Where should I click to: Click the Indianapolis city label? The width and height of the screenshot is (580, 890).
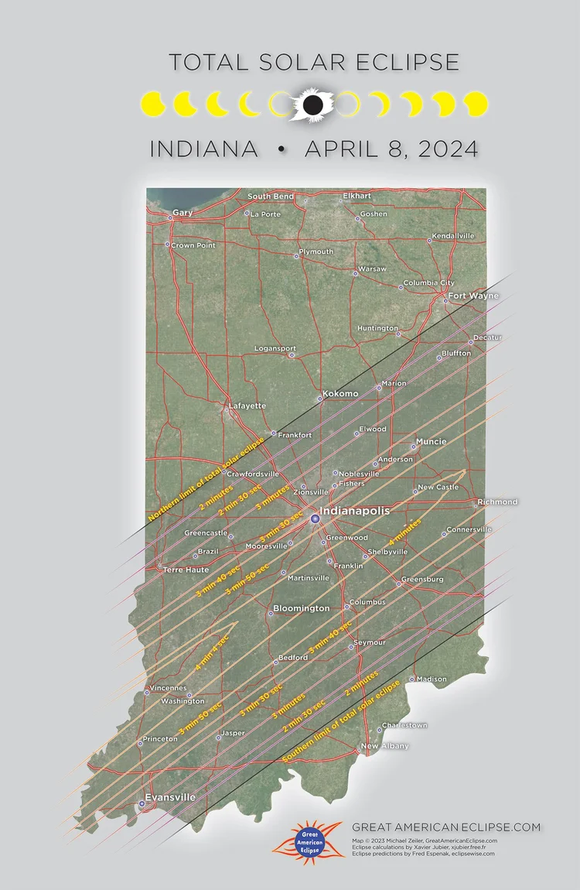[357, 512]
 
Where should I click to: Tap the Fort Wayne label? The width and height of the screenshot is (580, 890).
[473, 296]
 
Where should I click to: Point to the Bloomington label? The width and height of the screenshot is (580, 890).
[301, 609]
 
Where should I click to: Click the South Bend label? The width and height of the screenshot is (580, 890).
[271, 197]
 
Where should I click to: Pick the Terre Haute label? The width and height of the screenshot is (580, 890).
[186, 570]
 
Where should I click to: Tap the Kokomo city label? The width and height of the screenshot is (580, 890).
[341, 394]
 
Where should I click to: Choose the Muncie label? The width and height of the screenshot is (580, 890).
[431, 441]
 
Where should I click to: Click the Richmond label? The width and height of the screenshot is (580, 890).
[497, 502]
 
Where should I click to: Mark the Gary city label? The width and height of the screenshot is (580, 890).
[183, 212]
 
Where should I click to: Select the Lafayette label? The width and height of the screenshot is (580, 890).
[247, 406]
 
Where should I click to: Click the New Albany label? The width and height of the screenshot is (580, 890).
[384, 746]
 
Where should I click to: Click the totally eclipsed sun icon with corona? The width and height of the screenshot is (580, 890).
[312, 104]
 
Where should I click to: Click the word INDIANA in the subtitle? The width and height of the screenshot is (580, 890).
[204, 149]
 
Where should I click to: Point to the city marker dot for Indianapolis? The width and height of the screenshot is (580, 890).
[315, 518]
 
